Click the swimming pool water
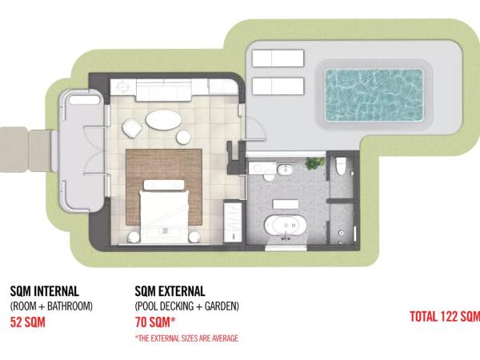(x=374, y=95)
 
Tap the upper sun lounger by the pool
(x=278, y=58)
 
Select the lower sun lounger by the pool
(x=278, y=86)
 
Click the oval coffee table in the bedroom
(x=163, y=120)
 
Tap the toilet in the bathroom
(x=341, y=166)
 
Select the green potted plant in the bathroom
(x=314, y=163)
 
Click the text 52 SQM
(x=27, y=322)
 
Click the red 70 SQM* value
(x=155, y=322)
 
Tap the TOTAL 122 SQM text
(x=445, y=316)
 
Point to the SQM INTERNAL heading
(x=44, y=291)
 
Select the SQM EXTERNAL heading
(x=170, y=291)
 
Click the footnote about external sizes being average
(x=186, y=338)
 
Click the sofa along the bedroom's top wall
(x=163, y=90)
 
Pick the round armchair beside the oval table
(x=132, y=128)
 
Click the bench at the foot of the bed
(x=164, y=185)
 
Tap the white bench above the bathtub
(x=286, y=204)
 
